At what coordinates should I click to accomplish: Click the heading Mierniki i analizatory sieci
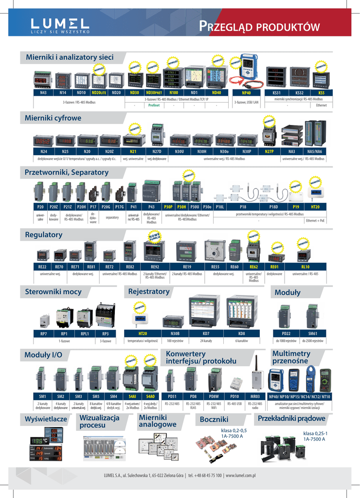(70, 57)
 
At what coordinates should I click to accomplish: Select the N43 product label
(43, 92)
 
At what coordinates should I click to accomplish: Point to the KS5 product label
(321, 92)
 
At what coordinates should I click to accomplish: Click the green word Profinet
(154, 105)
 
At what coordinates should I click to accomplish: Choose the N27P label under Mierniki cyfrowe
(269, 152)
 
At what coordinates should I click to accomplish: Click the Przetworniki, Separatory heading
(67, 173)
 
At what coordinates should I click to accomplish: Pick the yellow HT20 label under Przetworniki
(315, 207)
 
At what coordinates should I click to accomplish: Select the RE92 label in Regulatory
(155, 267)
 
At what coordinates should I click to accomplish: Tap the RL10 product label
(305, 267)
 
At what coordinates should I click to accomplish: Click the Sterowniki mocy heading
(54, 292)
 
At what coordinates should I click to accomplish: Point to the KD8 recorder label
(241, 334)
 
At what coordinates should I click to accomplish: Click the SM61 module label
(313, 334)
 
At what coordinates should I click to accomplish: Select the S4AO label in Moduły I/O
(150, 396)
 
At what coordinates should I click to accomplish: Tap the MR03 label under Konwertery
(255, 396)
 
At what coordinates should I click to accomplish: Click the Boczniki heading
(214, 419)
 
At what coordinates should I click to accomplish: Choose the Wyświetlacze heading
(46, 419)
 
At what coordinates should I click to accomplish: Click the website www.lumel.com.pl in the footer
(241, 476)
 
